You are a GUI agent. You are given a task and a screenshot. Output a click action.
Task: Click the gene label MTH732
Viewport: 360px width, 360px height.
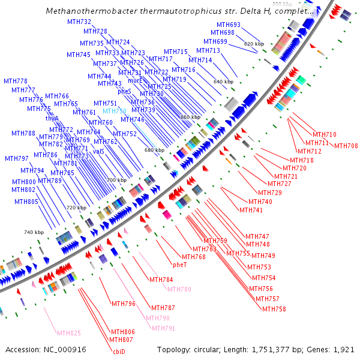click(x=79, y=22)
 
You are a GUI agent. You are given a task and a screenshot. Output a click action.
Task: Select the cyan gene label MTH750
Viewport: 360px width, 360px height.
click(x=114, y=112)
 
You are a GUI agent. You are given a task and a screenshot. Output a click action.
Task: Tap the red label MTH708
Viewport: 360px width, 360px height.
click(x=346, y=146)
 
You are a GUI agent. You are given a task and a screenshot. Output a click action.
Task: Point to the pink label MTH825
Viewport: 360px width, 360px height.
click(x=68, y=333)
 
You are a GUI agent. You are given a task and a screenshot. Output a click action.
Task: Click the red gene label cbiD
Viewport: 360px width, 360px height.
click(x=118, y=352)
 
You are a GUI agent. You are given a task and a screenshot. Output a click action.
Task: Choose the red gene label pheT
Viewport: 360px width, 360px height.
click(x=180, y=265)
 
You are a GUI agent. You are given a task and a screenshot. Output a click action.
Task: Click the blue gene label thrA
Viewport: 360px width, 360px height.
click(x=52, y=119)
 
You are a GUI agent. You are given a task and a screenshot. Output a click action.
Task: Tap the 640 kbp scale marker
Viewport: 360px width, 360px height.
click(x=223, y=82)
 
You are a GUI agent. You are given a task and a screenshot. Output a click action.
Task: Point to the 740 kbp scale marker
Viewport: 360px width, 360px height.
click(x=34, y=232)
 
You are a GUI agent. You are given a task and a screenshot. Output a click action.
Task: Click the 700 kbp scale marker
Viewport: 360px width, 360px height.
click(x=117, y=180)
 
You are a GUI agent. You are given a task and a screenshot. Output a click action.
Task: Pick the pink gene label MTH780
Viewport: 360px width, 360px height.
click(x=179, y=289)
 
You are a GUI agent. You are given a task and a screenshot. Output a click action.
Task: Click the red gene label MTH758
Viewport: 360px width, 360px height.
click(x=274, y=309)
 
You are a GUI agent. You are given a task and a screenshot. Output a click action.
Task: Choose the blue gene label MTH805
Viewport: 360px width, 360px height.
click(x=26, y=202)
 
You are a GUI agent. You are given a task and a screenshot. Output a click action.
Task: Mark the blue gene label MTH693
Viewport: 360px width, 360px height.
click(x=228, y=25)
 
